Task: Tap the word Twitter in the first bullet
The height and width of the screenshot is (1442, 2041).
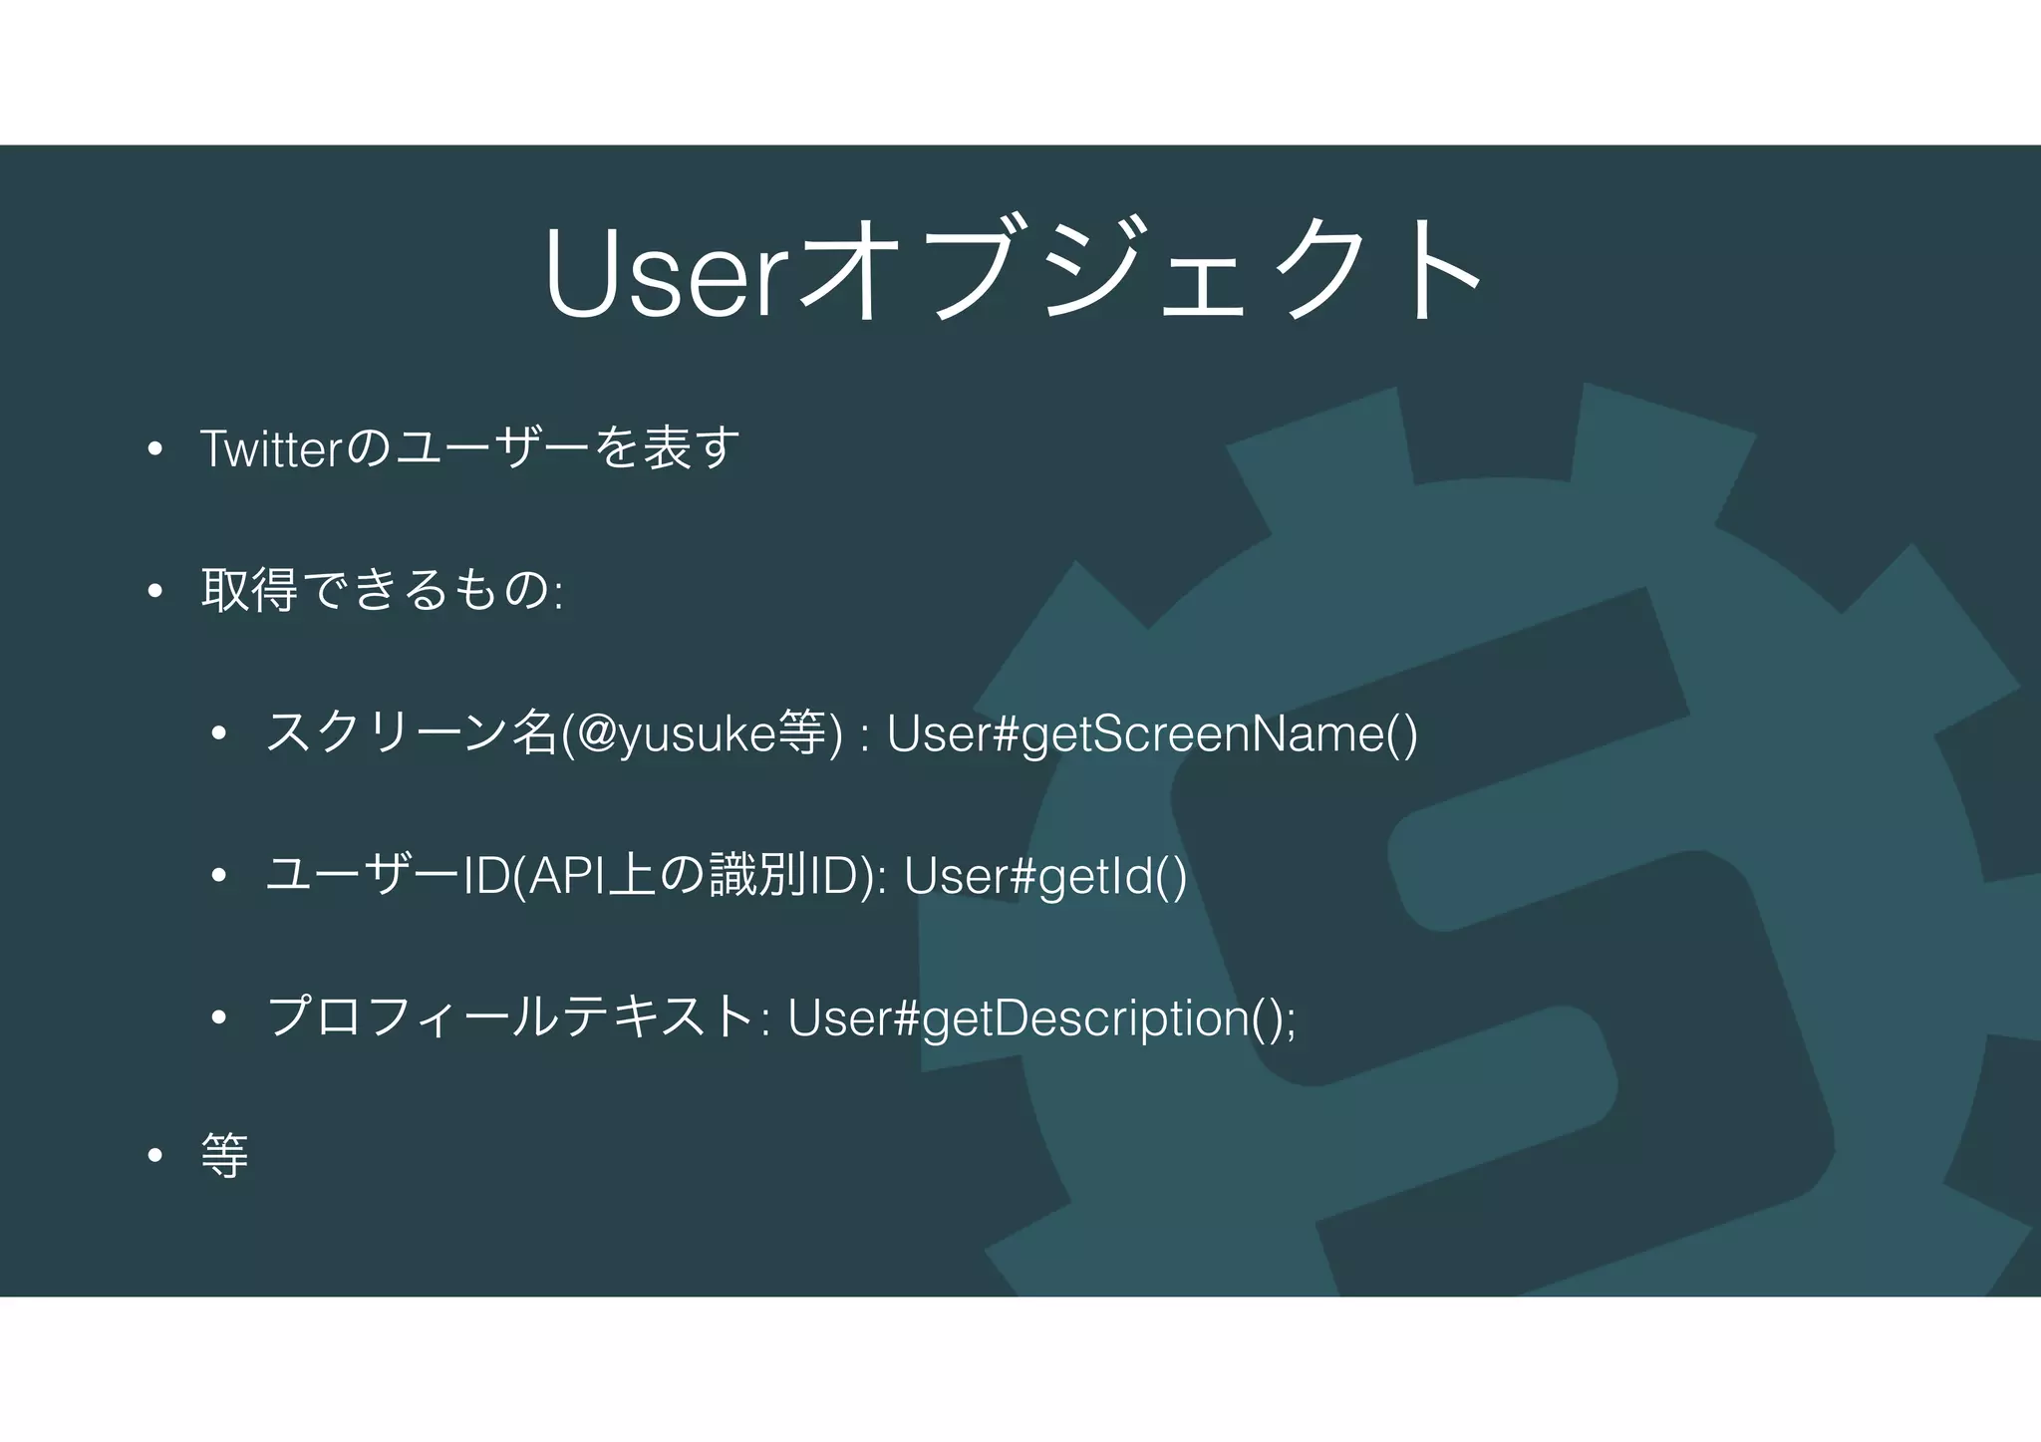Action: click(x=272, y=448)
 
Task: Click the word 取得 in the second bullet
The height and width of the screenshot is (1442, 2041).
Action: click(x=249, y=590)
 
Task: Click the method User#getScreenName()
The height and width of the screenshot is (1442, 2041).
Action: click(x=1152, y=734)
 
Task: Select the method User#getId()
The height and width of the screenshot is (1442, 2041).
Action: click(x=1045, y=876)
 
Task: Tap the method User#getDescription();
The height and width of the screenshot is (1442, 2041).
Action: click(x=1042, y=1018)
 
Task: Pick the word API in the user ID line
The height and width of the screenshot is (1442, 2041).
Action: click(x=564, y=876)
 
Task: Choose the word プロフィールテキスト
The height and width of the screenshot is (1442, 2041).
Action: click(x=510, y=1017)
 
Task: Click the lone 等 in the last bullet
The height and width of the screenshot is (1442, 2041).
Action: click(x=225, y=1156)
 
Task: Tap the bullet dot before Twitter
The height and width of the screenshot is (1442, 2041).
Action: click(x=154, y=449)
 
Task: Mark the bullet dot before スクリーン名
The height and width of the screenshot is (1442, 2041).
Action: click(x=219, y=735)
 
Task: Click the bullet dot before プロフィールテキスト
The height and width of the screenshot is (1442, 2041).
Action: click(x=219, y=1018)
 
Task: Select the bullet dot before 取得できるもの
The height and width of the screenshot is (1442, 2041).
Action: click(x=154, y=592)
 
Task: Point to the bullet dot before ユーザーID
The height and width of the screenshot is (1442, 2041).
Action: click(x=219, y=877)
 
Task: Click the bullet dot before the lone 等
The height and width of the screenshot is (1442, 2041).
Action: click(x=154, y=1157)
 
